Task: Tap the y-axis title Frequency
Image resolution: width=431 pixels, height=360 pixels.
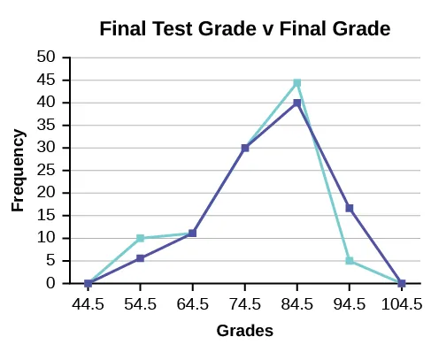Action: pyautogui.click(x=17, y=169)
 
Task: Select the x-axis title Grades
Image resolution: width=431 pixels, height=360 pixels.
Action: pyautogui.click(x=245, y=331)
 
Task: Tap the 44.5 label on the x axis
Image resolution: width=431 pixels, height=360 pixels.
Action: pyautogui.click(x=89, y=304)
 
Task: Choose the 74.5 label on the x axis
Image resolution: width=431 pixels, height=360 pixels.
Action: pyautogui.click(x=245, y=304)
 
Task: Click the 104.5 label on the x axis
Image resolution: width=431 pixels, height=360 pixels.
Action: pyautogui.click(x=402, y=304)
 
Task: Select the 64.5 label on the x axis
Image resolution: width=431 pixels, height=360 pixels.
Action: pyautogui.click(x=193, y=304)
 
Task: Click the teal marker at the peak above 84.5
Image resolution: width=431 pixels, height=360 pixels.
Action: pyautogui.click(x=297, y=82)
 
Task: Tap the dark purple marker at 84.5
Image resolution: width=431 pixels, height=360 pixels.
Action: pyautogui.click(x=297, y=103)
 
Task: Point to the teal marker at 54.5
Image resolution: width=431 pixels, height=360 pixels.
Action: pyautogui.click(x=140, y=238)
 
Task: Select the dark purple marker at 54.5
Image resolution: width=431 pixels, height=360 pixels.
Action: pyautogui.click(x=140, y=258)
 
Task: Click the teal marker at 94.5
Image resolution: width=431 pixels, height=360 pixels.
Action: pyautogui.click(x=350, y=260)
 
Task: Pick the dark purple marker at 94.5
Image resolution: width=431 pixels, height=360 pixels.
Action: pyautogui.click(x=350, y=208)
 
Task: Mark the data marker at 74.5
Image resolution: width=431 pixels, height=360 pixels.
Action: pyautogui.click(x=245, y=148)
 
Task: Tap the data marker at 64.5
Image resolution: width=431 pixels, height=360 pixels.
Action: pyautogui.click(x=192, y=234)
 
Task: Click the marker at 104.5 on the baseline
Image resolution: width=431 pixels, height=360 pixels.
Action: pyautogui.click(x=402, y=283)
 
